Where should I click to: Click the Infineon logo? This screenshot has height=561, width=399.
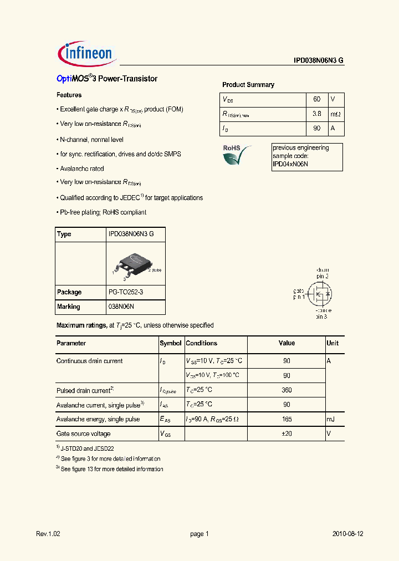[86, 54]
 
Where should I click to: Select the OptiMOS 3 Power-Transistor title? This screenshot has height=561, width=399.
[107, 79]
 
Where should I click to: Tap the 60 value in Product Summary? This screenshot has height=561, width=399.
[316, 99]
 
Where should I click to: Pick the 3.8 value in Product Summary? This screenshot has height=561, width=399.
[316, 114]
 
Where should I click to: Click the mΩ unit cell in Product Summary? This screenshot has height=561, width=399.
[336, 114]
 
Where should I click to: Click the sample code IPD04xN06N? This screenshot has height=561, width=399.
[290, 165]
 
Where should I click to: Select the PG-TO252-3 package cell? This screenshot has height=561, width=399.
[129, 292]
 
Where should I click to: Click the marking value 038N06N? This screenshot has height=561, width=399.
[121, 307]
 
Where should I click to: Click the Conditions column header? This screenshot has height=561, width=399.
[201, 343]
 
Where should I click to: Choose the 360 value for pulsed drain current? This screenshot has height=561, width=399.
[287, 390]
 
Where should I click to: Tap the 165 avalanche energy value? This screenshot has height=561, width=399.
[287, 419]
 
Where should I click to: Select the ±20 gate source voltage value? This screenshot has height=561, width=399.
[287, 433]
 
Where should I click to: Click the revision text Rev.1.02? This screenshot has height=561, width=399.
[48, 534]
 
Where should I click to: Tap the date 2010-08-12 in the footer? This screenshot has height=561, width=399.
[347, 534]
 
